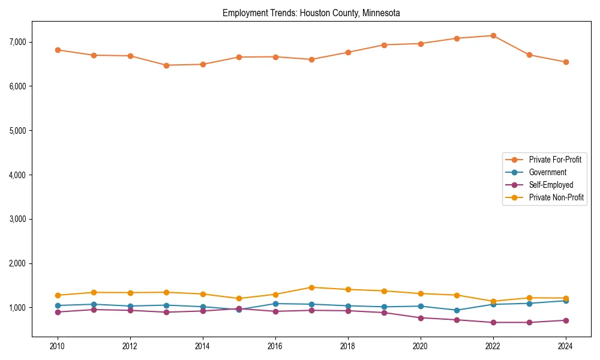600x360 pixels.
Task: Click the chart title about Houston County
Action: (x=311, y=13)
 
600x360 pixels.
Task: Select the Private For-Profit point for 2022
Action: (x=493, y=35)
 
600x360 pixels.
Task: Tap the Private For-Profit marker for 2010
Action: (x=58, y=50)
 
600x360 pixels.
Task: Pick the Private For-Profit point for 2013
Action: (x=166, y=65)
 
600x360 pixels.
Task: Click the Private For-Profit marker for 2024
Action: (x=566, y=62)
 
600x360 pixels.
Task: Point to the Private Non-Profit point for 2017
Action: (x=311, y=287)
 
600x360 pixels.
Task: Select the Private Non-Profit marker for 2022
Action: (x=493, y=301)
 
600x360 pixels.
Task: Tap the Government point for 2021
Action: (x=457, y=310)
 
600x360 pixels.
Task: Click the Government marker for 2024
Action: (x=566, y=301)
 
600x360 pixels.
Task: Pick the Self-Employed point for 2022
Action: (x=493, y=322)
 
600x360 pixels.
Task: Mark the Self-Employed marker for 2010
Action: (x=58, y=312)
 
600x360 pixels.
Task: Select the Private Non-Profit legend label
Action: (x=556, y=197)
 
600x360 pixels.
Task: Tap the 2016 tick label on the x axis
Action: (x=275, y=346)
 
